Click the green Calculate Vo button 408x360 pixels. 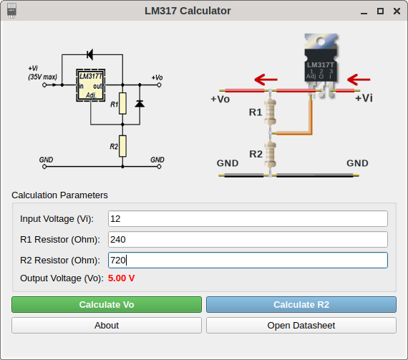(x=107, y=304)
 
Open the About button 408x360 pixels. (x=107, y=325)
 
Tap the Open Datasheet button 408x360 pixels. (x=301, y=325)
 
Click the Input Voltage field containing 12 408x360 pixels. (x=248, y=219)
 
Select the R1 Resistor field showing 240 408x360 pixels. (x=248, y=239)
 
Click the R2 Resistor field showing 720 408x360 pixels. (x=248, y=260)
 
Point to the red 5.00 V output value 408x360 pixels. (x=121, y=278)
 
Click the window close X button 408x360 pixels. (x=397, y=11)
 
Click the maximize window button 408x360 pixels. (x=380, y=11)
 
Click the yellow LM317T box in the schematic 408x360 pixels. (x=91, y=85)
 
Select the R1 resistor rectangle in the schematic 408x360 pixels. (x=122, y=103)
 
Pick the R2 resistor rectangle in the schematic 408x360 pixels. (x=122, y=146)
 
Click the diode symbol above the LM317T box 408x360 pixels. (x=90, y=54)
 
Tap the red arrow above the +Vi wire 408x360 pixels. (x=359, y=79)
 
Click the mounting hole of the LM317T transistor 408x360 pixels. (x=320, y=41)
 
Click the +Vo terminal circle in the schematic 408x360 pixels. (x=159, y=85)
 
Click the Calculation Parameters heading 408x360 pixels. (x=59, y=195)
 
